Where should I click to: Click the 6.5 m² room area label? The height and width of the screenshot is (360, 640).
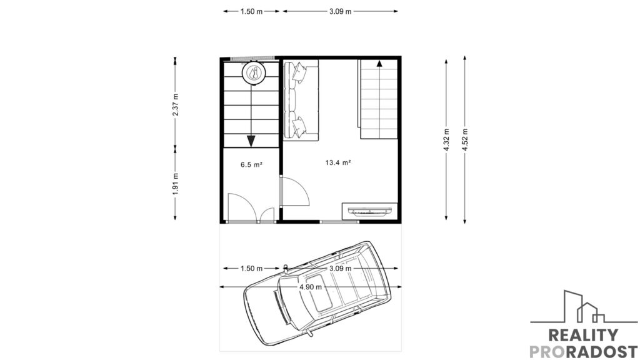point(251,165)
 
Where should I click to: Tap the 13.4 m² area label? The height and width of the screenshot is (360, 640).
point(338,162)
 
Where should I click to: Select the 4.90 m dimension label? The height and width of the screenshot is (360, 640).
point(311,287)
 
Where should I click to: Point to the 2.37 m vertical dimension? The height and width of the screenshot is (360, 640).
point(176,104)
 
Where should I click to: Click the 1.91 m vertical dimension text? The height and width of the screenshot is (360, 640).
point(176,184)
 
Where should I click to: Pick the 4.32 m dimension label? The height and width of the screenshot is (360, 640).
point(446,140)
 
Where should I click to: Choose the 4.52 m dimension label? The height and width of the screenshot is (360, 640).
point(465,140)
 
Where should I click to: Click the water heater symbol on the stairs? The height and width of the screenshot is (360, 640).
point(254,73)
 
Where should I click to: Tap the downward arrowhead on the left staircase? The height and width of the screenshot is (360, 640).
point(251,141)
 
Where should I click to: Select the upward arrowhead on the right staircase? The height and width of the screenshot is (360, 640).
point(379,63)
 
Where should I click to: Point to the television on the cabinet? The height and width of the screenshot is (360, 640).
point(370,211)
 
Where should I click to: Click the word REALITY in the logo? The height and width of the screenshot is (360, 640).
point(583,335)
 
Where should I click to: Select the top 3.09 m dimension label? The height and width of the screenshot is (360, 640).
point(341,11)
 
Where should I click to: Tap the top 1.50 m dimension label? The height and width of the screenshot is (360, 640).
point(251,11)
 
